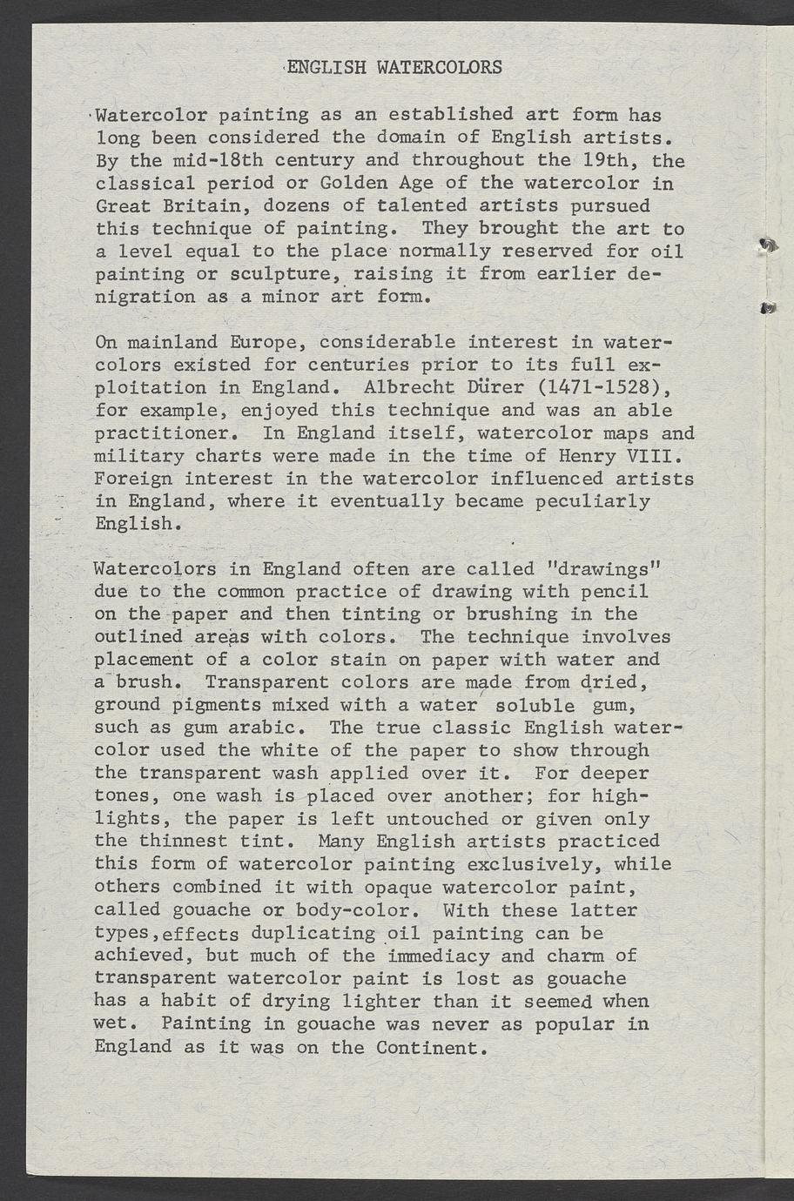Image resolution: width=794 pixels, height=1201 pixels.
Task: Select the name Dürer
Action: pos(492,387)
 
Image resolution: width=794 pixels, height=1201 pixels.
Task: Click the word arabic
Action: pos(269,728)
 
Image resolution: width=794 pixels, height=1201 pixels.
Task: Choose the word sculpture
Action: pos(281,275)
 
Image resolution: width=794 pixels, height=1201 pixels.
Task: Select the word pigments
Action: pos(213,705)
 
